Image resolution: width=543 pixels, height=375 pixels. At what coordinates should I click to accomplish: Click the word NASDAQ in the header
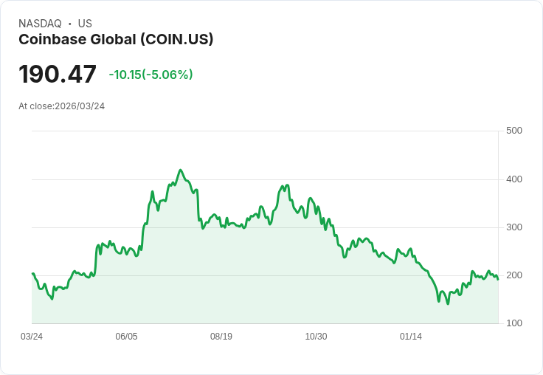40,24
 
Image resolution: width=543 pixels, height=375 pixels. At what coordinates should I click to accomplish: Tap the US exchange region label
85,24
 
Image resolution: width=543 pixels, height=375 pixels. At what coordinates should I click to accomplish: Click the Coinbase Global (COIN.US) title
116,39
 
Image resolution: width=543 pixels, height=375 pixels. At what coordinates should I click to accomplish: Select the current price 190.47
58,75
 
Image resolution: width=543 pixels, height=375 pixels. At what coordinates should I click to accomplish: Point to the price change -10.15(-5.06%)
151,75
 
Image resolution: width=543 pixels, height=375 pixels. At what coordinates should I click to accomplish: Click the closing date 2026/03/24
80,106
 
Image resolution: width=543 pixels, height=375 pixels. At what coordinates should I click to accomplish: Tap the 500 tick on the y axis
513,131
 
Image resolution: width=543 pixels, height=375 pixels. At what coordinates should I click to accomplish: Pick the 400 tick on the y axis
513,179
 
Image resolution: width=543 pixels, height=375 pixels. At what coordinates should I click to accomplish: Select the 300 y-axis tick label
513,227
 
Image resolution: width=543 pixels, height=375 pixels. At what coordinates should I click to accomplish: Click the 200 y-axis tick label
513,275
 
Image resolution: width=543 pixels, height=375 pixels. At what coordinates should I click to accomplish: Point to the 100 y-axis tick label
513,323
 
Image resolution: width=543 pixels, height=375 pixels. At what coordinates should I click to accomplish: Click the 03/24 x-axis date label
32,337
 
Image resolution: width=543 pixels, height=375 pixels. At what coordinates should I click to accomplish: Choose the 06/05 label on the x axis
126,337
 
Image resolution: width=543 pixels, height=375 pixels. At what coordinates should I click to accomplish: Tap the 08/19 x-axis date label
221,337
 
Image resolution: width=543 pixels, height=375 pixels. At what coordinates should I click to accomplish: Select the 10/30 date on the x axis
316,337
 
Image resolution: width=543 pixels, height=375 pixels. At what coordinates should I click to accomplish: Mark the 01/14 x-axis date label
411,337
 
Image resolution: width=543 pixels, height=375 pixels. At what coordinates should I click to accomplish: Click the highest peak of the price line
180,170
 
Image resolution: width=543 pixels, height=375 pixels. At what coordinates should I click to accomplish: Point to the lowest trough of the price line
447,303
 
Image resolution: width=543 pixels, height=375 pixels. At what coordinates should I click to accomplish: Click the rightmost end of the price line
498,279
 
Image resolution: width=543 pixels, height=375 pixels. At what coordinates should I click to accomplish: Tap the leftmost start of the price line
32,273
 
